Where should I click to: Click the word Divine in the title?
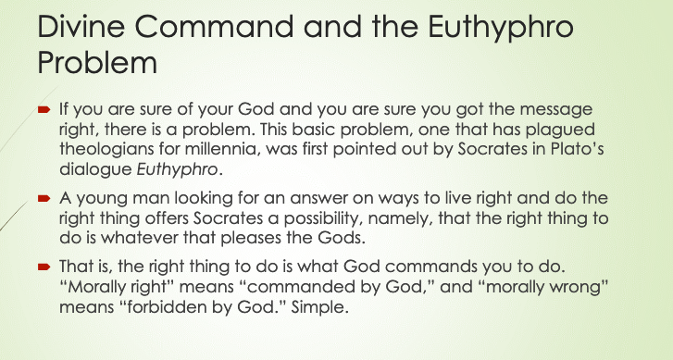(x=81, y=26)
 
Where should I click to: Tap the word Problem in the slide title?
(x=97, y=63)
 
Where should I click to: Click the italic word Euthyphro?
(x=177, y=170)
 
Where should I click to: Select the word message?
(x=556, y=110)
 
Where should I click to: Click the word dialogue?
(x=95, y=170)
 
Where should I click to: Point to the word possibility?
(x=323, y=219)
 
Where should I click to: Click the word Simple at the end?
(x=319, y=308)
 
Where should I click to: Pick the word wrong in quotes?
(x=581, y=287)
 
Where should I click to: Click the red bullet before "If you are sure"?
(x=44, y=110)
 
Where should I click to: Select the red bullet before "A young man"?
(x=44, y=198)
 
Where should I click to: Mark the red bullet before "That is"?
(x=44, y=267)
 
